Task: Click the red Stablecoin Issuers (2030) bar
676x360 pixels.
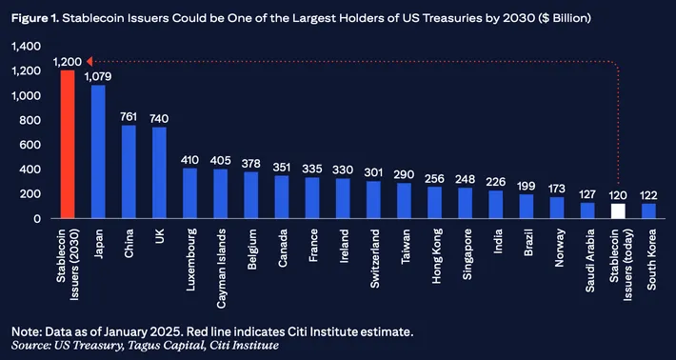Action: tap(68, 145)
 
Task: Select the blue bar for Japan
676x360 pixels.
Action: tap(98, 152)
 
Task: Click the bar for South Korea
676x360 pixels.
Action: tap(647, 210)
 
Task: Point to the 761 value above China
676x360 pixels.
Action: tap(129, 116)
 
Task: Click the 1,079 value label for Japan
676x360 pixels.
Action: tap(98, 76)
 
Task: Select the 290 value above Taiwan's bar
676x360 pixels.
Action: tap(404, 174)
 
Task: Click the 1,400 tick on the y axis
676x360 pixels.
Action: tap(28, 47)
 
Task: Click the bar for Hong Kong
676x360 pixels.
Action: tap(435, 203)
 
